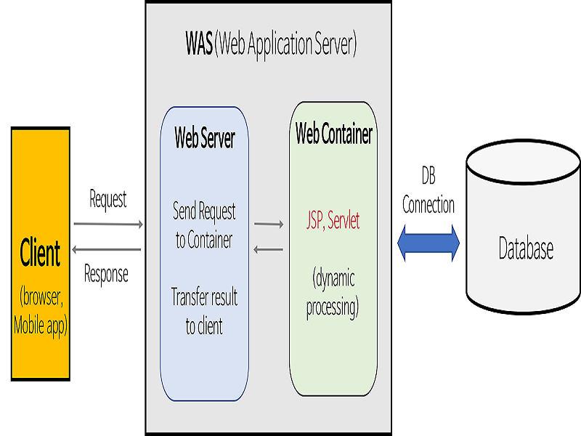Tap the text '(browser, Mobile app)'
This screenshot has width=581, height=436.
[41, 312]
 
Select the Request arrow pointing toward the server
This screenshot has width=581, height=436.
[108, 224]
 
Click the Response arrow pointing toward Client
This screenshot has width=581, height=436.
[108, 250]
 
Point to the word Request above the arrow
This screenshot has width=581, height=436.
[108, 198]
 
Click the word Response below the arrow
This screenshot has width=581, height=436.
[106, 274]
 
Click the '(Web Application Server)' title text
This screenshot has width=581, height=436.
[287, 45]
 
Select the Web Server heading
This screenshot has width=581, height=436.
[204, 140]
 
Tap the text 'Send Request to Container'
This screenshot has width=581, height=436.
[204, 226]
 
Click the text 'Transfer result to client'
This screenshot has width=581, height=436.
[204, 311]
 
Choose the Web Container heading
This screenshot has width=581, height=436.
[333, 134]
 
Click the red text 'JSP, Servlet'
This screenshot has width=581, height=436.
[333, 222]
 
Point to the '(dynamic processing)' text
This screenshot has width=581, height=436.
[333, 294]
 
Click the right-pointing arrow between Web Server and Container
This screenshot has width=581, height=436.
[269, 225]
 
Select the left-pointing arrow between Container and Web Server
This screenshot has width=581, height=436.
[269, 250]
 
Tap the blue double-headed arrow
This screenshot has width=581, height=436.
[429, 242]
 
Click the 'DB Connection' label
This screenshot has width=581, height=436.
[428, 190]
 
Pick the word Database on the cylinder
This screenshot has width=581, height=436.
[526, 249]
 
